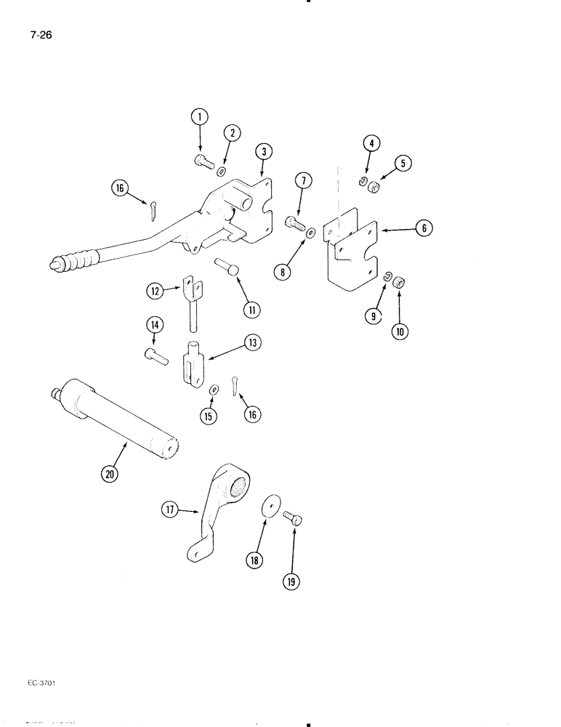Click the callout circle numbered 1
[x=199, y=116]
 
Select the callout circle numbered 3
[x=263, y=151]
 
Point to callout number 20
[x=109, y=474]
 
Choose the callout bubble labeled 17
[x=169, y=512]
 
